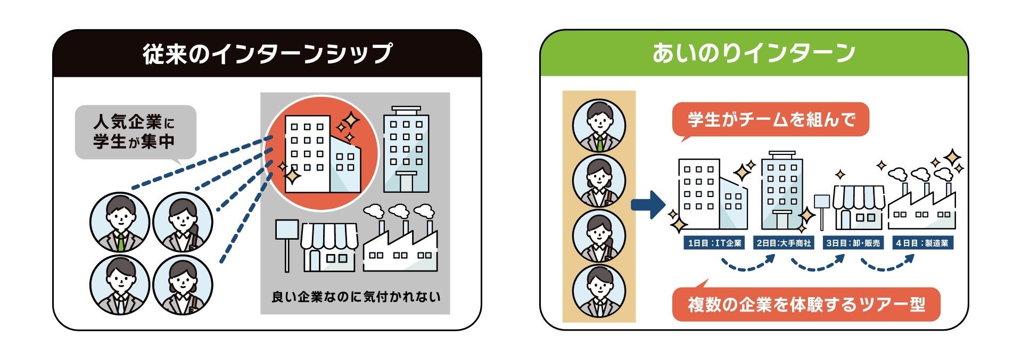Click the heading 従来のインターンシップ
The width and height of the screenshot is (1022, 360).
point(267,54)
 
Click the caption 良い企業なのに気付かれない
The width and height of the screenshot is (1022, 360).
point(356,297)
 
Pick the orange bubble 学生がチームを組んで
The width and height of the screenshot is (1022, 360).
point(770,119)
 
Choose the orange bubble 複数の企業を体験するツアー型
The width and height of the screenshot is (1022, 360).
point(806,305)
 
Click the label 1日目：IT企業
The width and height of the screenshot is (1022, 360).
point(714,243)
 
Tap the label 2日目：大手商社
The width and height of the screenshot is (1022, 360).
point(784,243)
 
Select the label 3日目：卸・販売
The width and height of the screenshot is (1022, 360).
point(853,243)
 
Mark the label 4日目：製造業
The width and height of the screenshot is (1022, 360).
point(922,243)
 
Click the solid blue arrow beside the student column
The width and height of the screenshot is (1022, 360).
point(648,204)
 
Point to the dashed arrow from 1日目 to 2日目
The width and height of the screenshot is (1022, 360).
point(748,264)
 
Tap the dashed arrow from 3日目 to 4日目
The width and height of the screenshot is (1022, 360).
point(887,264)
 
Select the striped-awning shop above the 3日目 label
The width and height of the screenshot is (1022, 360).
point(858,208)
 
